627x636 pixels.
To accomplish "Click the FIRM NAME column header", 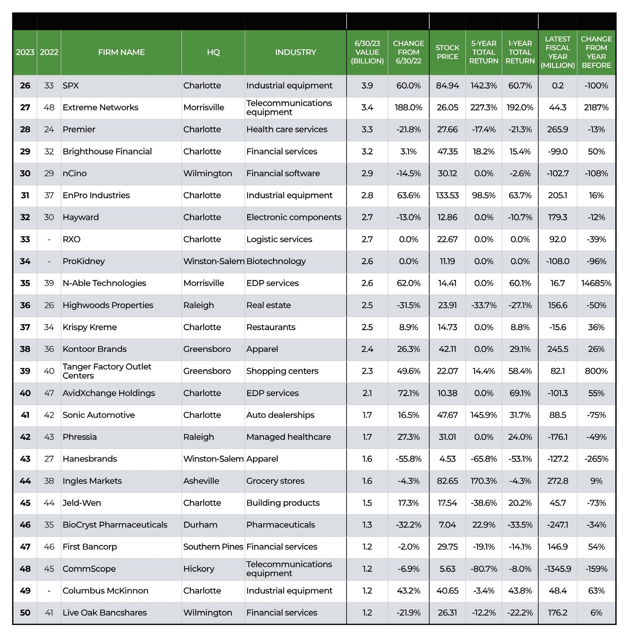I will point(121,52).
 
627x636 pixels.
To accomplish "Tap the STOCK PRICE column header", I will point(447,52).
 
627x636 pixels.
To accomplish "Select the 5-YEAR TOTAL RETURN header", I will point(484,52).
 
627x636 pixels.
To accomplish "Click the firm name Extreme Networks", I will point(100,108).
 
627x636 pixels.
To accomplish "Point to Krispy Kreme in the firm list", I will point(89,327).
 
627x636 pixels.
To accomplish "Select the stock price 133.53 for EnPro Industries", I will point(447,195).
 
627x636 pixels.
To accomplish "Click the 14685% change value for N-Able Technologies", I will point(596,283).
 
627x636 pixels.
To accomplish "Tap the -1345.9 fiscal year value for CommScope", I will point(558,569).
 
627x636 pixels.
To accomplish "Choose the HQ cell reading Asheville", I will point(201,481).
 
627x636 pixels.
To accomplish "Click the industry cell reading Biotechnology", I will point(276,261).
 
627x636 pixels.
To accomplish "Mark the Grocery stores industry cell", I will point(275,481).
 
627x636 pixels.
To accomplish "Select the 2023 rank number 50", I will point(25,613).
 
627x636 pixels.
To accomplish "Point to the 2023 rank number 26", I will point(25,86).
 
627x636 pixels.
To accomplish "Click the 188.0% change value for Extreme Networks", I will point(408,108).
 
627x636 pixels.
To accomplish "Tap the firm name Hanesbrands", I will point(89,459).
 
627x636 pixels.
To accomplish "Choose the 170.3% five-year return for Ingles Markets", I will point(484,481).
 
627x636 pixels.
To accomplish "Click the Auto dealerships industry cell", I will point(280,415).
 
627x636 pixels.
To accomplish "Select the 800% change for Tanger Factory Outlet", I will point(596,371).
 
